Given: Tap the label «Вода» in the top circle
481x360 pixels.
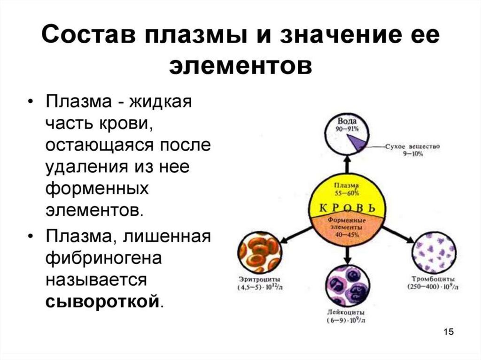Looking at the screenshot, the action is click(348, 122).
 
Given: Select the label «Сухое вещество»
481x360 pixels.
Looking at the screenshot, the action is click(412, 147).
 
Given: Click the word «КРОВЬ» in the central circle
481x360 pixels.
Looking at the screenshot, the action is click(348, 207).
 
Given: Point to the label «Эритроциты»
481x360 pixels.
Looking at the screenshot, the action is click(259, 280).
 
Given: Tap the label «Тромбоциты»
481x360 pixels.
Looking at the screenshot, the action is click(432, 280).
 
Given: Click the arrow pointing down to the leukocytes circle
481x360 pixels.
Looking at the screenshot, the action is click(347, 254).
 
